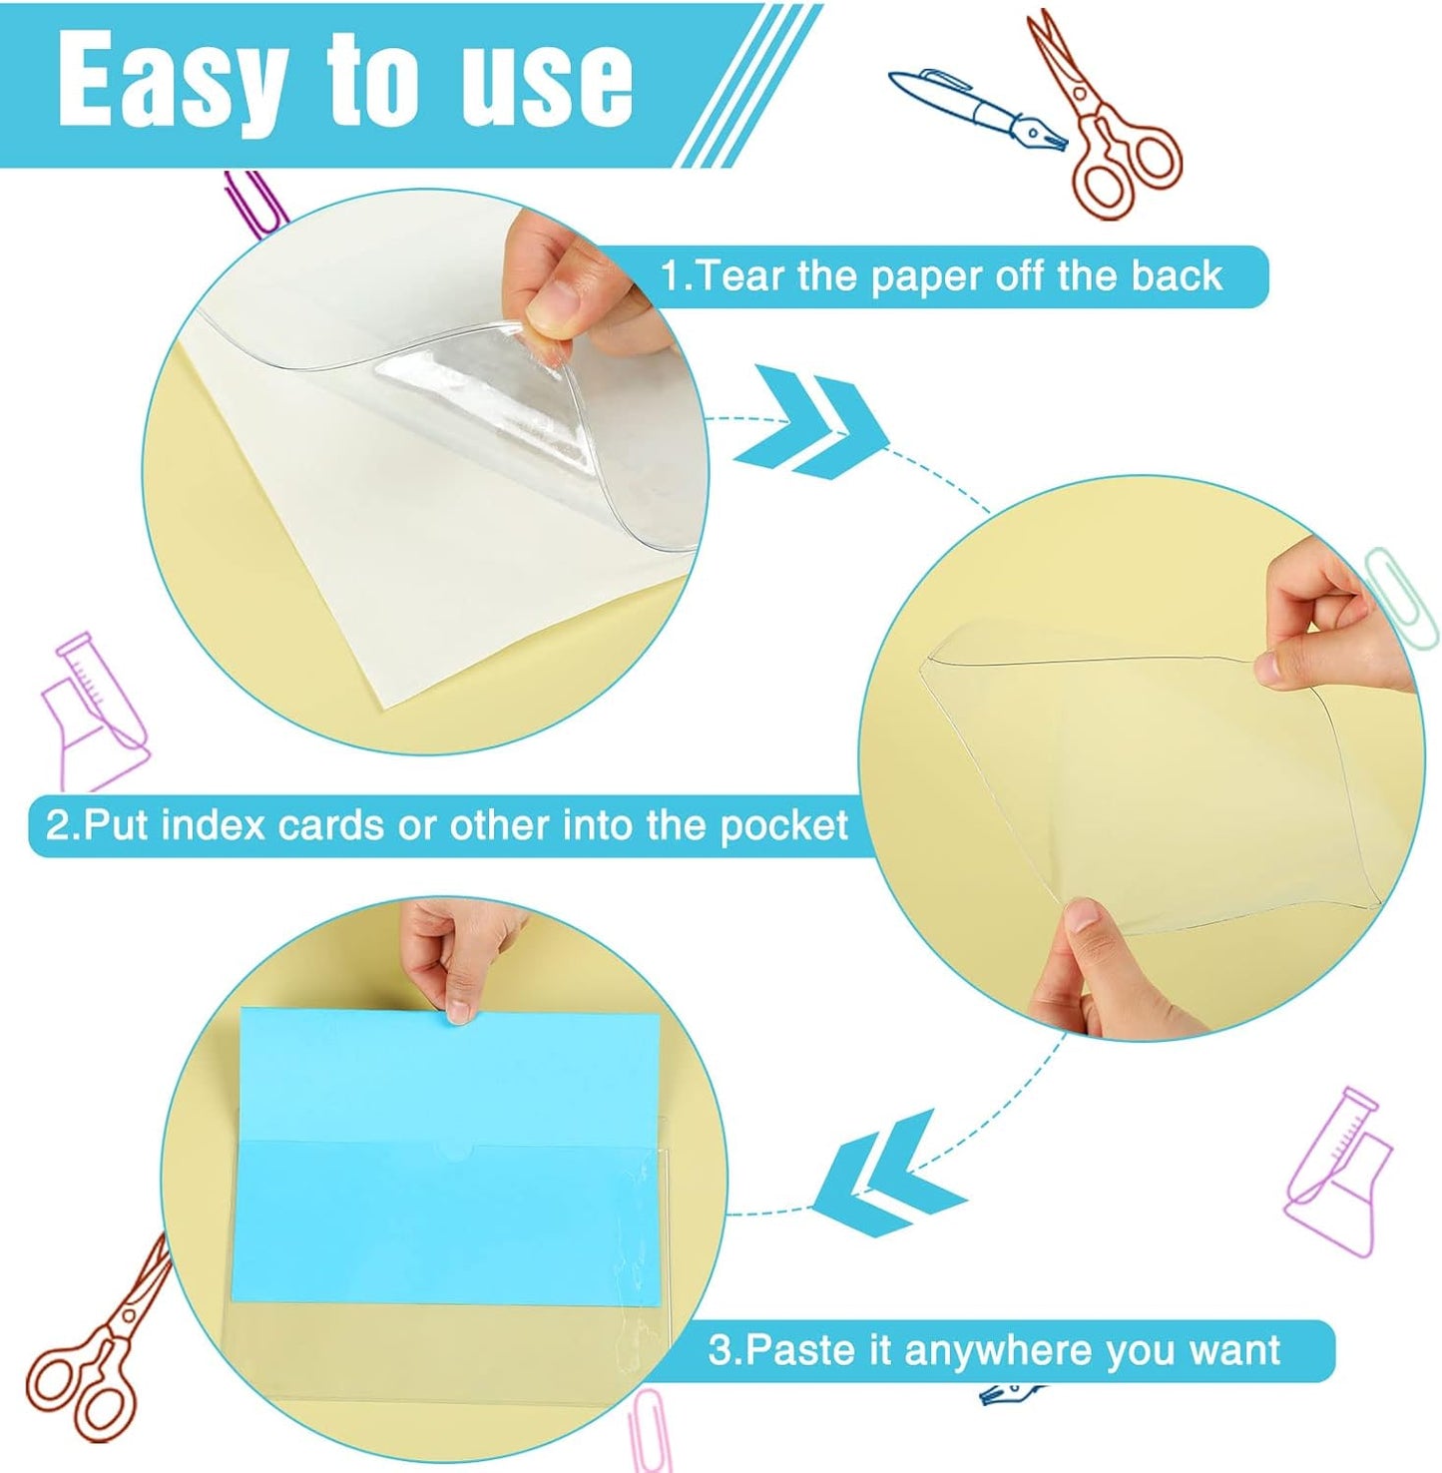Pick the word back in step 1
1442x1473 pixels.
(1177, 275)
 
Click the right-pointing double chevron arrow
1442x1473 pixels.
(810, 419)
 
